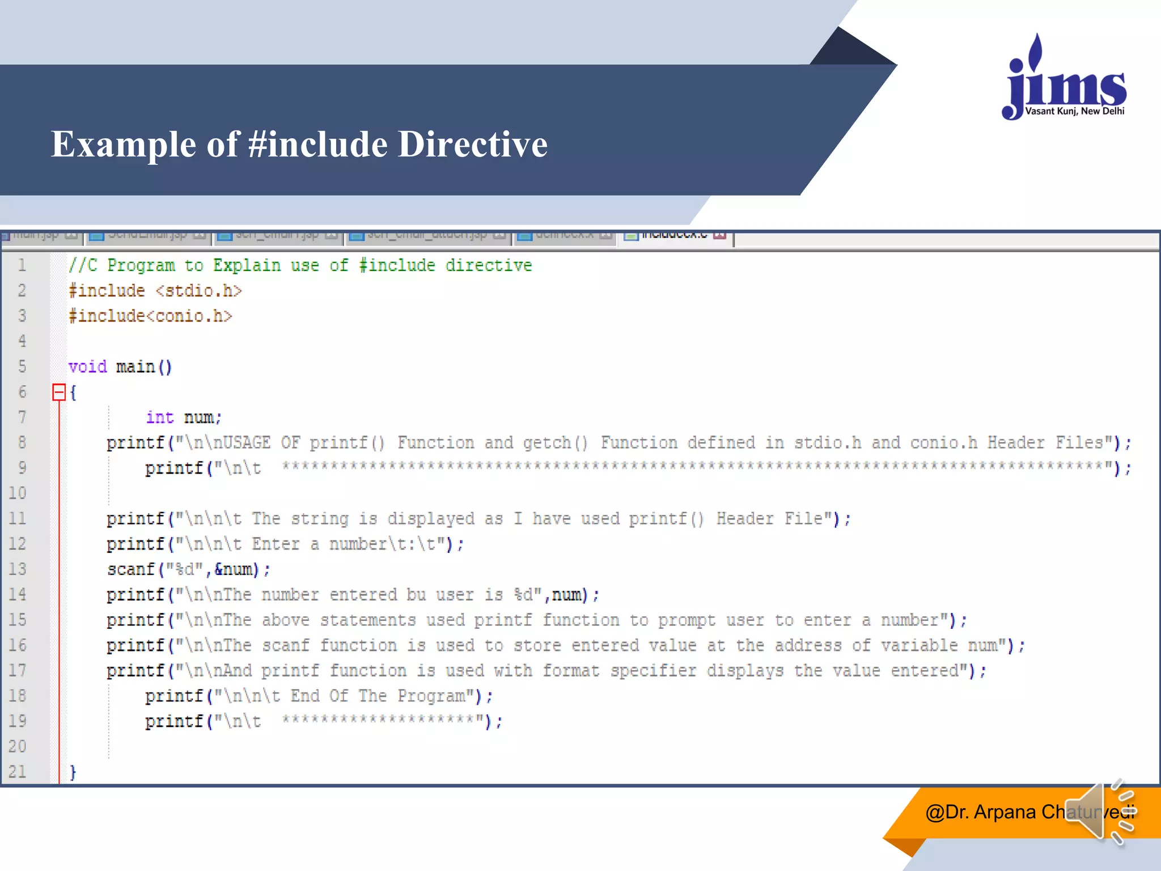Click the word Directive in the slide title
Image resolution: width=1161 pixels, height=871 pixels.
(473, 144)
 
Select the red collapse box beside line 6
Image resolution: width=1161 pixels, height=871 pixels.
(59, 392)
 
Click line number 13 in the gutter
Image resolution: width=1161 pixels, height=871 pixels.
(18, 569)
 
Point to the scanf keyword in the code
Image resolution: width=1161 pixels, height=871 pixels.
(131, 569)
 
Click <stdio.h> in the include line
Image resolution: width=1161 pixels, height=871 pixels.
(199, 291)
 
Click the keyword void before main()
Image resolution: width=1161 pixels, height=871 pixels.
(88, 367)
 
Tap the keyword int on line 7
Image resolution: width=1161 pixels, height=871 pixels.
(160, 417)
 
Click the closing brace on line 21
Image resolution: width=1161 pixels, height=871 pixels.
(73, 772)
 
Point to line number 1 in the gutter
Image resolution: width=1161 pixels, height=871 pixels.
(22, 265)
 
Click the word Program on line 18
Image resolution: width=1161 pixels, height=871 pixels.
(431, 696)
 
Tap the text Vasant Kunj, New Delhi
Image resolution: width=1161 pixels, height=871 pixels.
(1074, 111)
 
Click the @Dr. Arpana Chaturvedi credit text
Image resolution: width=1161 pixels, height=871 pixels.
(1015, 812)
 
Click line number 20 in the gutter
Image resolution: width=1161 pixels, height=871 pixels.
(18, 746)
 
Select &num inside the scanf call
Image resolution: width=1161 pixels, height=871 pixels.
(234, 569)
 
